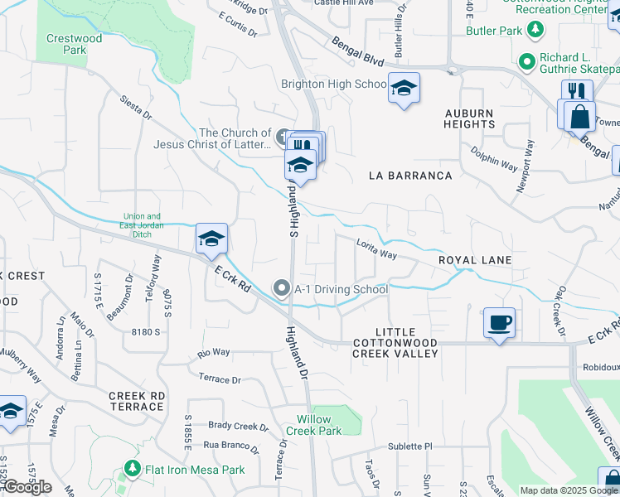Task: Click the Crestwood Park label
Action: [x=75, y=44]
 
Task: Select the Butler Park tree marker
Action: [x=535, y=31]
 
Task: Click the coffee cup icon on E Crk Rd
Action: [x=499, y=322]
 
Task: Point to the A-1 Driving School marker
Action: [x=282, y=289]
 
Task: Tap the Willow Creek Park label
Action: [x=314, y=425]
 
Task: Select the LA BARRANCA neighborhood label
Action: [x=411, y=176]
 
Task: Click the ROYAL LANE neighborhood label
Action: [x=475, y=260]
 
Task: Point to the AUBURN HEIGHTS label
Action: [x=469, y=118]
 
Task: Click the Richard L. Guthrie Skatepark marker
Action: [x=526, y=61]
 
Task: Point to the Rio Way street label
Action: [x=214, y=353]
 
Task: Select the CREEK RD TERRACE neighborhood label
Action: [x=136, y=401]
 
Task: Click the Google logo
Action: [x=27, y=487]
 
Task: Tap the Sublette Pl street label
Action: [x=411, y=446]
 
